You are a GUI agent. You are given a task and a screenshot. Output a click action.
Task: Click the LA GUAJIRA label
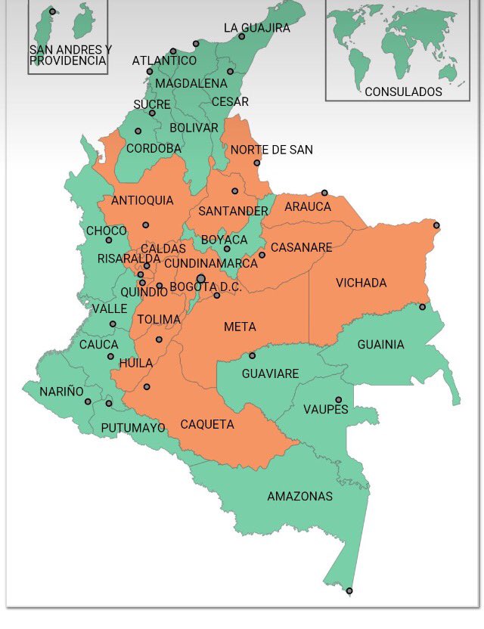point(257,28)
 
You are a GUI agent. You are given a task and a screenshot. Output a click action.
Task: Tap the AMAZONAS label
point(299,497)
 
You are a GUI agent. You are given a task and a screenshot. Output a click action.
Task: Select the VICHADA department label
point(361,284)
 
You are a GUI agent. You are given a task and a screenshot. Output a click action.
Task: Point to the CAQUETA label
point(207,425)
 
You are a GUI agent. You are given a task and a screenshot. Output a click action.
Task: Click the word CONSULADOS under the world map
point(403,91)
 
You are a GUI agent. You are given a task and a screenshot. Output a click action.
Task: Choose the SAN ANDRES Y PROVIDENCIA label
point(69,55)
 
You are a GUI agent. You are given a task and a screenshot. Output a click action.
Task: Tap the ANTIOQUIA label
point(142,200)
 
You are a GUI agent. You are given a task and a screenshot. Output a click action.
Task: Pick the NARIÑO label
point(62,392)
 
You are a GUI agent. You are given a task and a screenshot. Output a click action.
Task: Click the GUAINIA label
point(380,345)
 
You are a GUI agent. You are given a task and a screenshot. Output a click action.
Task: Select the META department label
point(240,327)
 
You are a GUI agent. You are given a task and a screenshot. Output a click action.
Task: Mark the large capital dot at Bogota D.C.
point(200,279)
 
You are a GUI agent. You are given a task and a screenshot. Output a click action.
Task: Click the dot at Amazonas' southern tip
point(349,590)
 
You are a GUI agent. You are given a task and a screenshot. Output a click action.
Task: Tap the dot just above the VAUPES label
point(339,400)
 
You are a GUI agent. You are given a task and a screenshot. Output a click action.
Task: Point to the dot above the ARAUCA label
point(324,193)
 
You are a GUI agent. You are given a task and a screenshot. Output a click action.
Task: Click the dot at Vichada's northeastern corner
point(436,225)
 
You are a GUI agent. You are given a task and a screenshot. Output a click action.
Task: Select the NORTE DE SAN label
point(271,150)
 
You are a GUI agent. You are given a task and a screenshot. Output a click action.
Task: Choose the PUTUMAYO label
point(133,428)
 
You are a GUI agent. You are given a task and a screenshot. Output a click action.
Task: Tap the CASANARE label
point(301,248)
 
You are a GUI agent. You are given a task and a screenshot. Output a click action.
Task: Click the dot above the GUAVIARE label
point(253,355)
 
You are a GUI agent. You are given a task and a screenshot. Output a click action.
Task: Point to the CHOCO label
point(106,231)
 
